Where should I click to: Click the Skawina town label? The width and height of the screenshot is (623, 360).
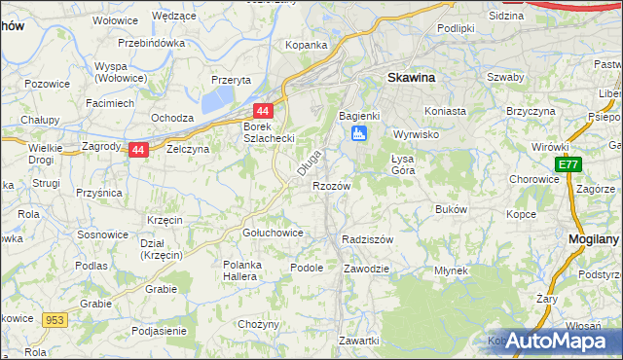click(x=411, y=77)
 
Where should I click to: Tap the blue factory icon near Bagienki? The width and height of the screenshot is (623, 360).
click(x=359, y=132)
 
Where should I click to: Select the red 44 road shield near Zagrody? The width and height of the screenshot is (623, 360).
click(x=138, y=151)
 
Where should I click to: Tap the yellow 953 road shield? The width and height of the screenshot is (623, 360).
click(x=54, y=318)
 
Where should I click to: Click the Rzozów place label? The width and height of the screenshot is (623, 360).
click(x=330, y=185)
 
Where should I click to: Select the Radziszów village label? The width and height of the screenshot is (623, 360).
click(x=367, y=239)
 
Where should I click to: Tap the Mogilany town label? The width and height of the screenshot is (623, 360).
click(x=595, y=238)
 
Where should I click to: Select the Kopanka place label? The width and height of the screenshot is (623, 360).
click(x=306, y=45)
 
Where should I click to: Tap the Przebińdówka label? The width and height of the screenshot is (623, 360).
click(x=151, y=44)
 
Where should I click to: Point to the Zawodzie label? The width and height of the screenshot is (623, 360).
click(x=367, y=268)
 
